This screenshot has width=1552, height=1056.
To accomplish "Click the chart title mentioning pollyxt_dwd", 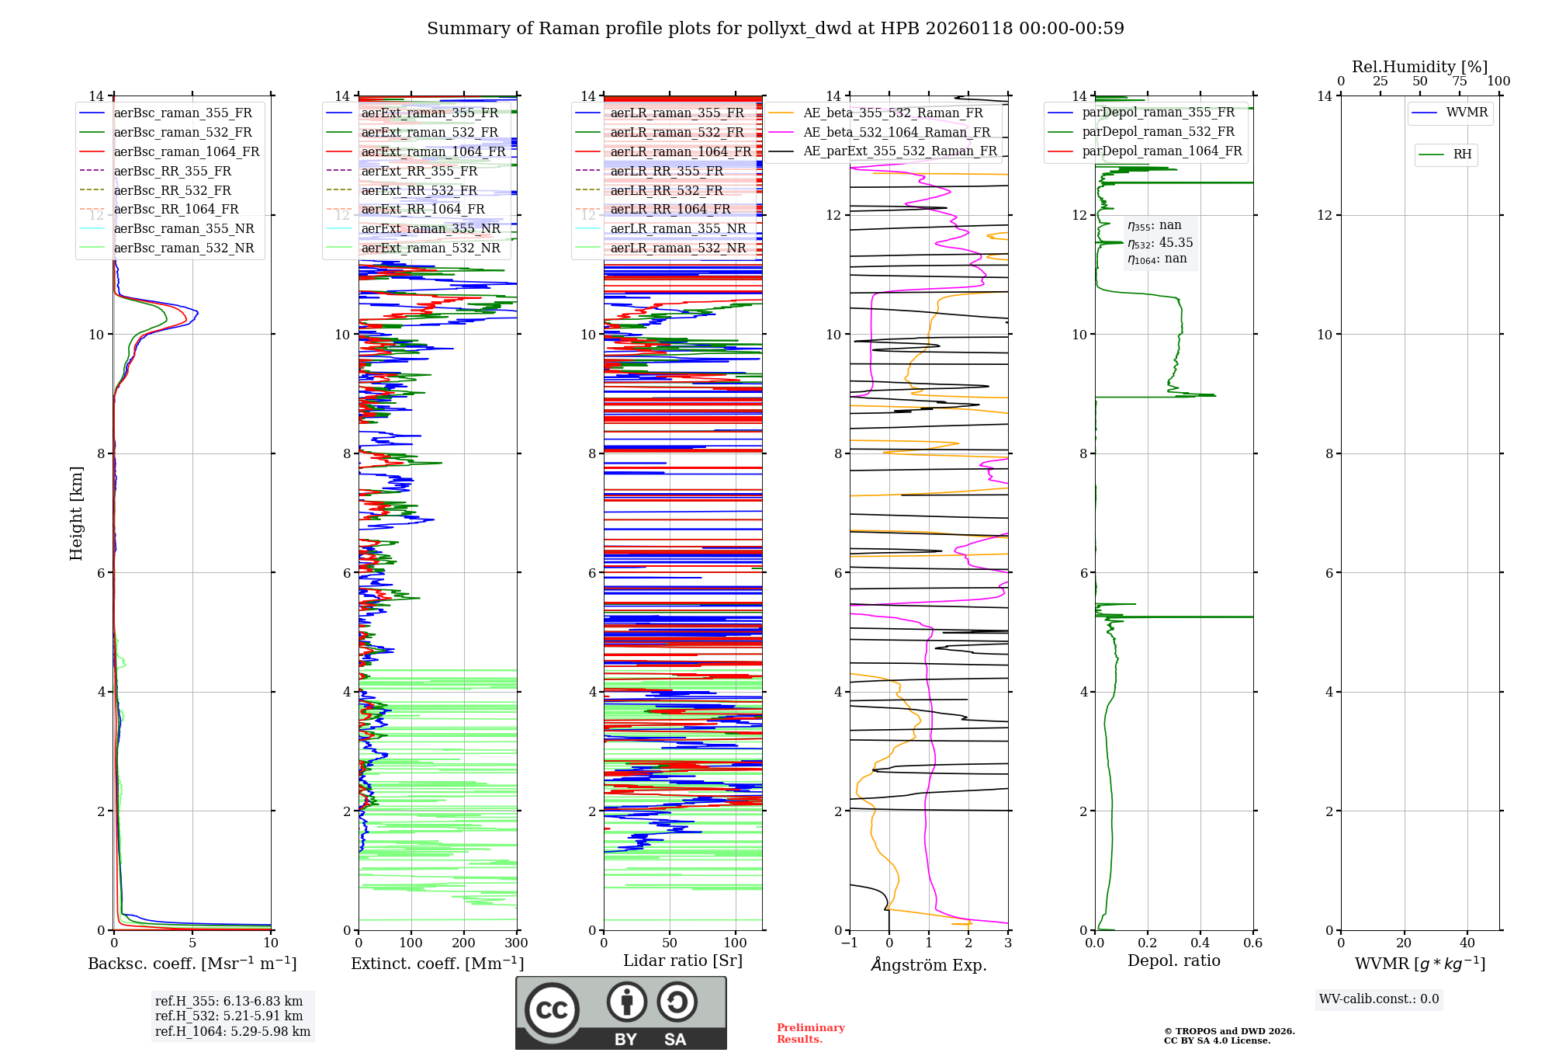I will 775,29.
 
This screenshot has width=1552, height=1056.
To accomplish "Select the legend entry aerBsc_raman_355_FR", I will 182,113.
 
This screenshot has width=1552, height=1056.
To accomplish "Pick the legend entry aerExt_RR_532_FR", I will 419,190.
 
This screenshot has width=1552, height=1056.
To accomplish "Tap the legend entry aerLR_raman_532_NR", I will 677,248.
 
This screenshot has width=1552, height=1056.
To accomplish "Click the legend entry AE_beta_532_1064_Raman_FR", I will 896,132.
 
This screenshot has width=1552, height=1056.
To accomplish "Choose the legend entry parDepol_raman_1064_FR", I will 1162,151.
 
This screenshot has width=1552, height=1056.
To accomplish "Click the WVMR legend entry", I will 1466,113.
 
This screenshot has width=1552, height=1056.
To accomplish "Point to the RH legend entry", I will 1462,155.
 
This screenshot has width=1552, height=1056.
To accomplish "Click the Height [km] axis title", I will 76,512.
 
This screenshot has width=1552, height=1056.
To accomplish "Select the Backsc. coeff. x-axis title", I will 192,964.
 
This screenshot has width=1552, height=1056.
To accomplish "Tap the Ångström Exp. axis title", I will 929,964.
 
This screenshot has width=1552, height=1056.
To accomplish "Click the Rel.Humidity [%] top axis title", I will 1419,67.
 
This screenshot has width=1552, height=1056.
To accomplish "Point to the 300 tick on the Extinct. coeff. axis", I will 516,943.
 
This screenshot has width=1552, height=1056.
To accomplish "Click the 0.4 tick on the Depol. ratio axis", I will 1200,943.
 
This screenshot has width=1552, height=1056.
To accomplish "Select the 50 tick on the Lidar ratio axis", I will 670,943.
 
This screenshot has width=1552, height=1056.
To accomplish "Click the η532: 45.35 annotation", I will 1160,243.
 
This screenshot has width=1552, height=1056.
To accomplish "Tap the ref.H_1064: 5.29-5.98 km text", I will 232,1032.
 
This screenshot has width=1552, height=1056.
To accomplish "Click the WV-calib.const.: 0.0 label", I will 1379,999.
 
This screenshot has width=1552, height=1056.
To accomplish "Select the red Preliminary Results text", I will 810,1033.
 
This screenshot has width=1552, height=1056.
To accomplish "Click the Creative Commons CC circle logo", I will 552,1010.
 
